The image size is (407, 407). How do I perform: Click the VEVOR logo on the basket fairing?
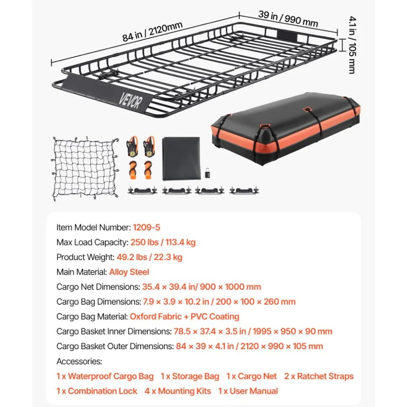[x=131, y=101]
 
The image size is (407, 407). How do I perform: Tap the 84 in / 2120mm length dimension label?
[x=152, y=31]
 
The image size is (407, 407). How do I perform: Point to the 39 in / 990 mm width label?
[x=288, y=19]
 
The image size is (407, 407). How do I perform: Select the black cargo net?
[x=85, y=169]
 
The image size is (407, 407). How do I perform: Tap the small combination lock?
[x=207, y=173]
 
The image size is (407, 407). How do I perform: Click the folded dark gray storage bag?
[x=181, y=158]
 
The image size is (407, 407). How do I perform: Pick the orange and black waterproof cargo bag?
[x=286, y=129]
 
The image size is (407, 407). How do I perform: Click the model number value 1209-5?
[x=146, y=227]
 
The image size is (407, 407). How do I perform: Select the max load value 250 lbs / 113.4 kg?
[x=163, y=242]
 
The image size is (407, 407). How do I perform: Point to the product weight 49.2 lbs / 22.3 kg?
[x=149, y=257]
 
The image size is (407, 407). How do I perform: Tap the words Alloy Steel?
[x=129, y=272]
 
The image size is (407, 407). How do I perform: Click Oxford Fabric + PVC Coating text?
[x=185, y=316]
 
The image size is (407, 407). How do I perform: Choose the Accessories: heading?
[x=79, y=361]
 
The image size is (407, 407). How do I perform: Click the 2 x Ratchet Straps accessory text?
[x=318, y=376]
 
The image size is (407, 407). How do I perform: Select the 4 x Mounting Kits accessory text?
[x=178, y=391]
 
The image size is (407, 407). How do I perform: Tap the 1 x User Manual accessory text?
[x=248, y=391]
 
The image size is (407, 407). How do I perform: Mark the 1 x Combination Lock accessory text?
[x=97, y=391]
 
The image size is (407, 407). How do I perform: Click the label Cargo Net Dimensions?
[x=98, y=287]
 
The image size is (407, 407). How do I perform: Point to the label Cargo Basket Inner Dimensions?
[x=114, y=331]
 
